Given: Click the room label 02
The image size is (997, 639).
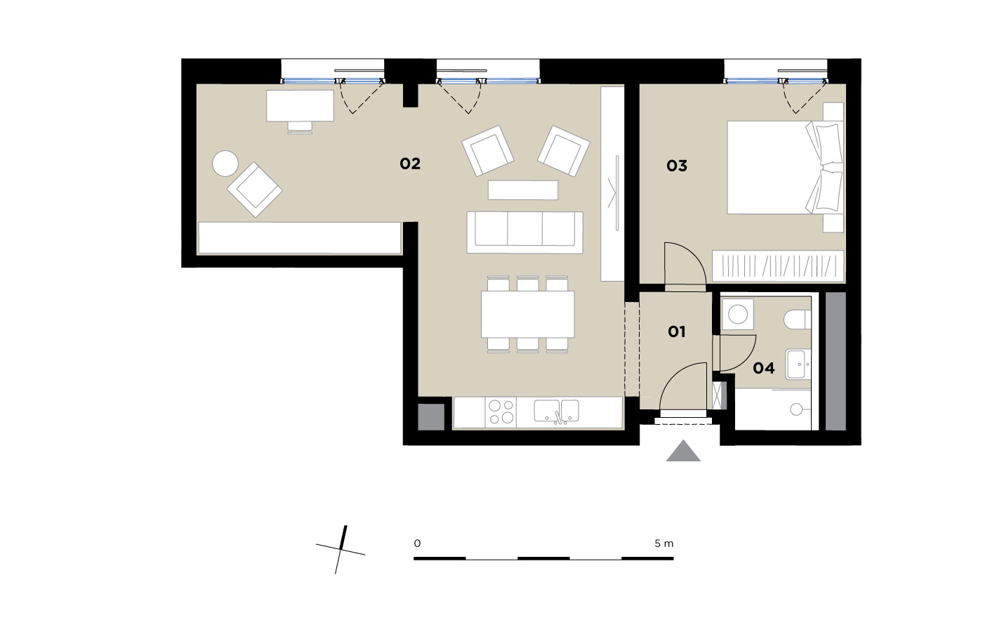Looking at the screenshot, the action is click(x=410, y=164).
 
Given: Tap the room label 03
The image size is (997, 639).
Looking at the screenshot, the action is click(x=677, y=166).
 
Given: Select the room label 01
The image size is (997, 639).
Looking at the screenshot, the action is click(x=677, y=331).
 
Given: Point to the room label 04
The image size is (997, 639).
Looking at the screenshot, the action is click(x=763, y=368).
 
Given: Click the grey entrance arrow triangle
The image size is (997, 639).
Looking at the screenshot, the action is click(x=683, y=451).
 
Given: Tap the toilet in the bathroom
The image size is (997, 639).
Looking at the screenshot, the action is click(x=797, y=319).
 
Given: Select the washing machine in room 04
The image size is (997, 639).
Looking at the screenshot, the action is click(x=737, y=315).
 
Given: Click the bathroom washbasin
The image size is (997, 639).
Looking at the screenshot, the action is click(x=798, y=364).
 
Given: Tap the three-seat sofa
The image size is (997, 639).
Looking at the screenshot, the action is click(x=524, y=232).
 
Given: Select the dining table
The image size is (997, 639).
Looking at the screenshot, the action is click(x=527, y=315).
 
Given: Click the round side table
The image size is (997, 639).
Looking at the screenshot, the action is click(x=225, y=164).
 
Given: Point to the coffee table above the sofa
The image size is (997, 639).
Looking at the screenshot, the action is click(x=523, y=190).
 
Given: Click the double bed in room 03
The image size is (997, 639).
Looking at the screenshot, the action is click(x=785, y=167).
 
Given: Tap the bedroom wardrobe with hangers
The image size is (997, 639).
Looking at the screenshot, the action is click(x=778, y=266).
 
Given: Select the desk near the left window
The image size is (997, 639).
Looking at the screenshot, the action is click(x=300, y=106).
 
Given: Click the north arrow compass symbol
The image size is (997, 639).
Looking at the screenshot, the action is click(x=341, y=550).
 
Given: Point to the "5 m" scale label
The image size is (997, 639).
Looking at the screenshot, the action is click(x=664, y=544).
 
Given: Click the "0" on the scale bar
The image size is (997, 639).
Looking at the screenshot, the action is click(x=417, y=544).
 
